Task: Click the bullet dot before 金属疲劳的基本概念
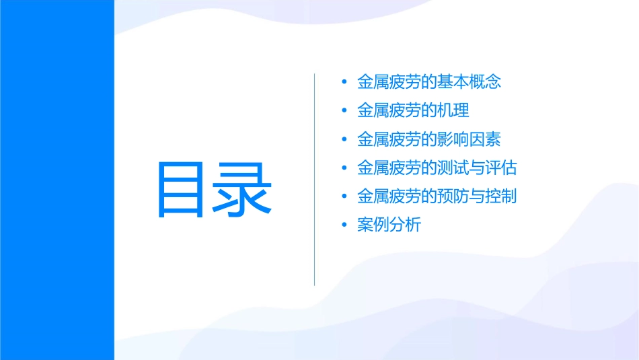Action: (344, 83)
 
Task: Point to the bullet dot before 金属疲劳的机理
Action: (344, 111)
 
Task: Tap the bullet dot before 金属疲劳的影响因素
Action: (344, 140)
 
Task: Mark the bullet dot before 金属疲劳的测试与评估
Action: (344, 168)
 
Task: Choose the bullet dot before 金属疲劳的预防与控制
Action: (344, 197)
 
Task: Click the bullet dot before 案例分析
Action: (344, 225)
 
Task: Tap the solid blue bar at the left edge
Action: (57, 180)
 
